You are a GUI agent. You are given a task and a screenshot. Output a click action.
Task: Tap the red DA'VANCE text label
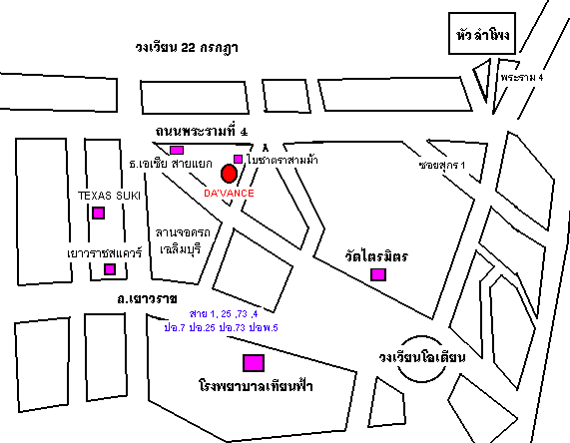pyautogui.click(x=229, y=192)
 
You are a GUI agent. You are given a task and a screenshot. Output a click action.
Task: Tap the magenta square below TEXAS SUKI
pyautogui.click(x=98, y=213)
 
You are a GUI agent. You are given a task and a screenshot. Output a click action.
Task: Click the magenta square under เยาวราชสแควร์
pyautogui.click(x=97, y=269)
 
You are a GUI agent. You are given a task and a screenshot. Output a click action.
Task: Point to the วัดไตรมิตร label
pyautogui.click(x=374, y=256)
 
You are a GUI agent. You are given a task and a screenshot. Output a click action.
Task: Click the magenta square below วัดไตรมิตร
pyautogui.click(x=377, y=274)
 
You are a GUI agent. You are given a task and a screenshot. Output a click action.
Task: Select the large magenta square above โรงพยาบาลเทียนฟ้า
pyautogui.click(x=254, y=362)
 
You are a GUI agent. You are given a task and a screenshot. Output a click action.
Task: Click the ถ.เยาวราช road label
pyautogui.click(x=146, y=298)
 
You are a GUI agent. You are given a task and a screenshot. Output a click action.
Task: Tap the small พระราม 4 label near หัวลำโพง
pyautogui.click(x=522, y=77)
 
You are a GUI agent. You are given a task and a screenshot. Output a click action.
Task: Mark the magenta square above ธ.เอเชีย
pyautogui.click(x=177, y=150)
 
